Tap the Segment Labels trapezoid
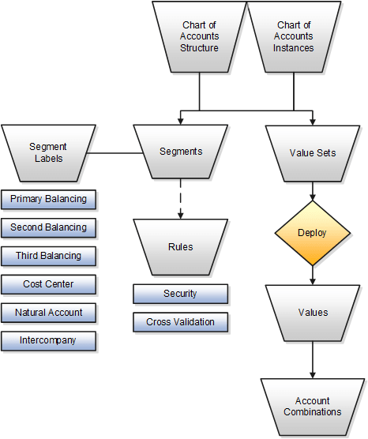pyautogui.click(x=47, y=152)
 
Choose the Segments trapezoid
pyautogui.click(x=181, y=152)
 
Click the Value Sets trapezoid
pyautogui.click(x=313, y=152)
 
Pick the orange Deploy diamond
pyautogui.click(x=312, y=233)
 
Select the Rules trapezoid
pyautogui.click(x=181, y=246)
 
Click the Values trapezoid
pyautogui.click(x=313, y=312)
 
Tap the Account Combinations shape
pyautogui.click(x=313, y=406)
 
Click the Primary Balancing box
pyautogui.click(x=48, y=199)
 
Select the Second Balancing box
pyautogui.click(x=48, y=227)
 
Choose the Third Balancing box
pyautogui.click(x=48, y=256)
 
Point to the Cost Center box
pyautogui.click(x=48, y=284)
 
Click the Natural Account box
pyautogui.click(x=48, y=313)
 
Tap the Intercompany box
pyautogui.click(x=48, y=341)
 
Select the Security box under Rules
pyautogui.click(x=180, y=294)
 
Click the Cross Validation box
pyautogui.click(x=180, y=322)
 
